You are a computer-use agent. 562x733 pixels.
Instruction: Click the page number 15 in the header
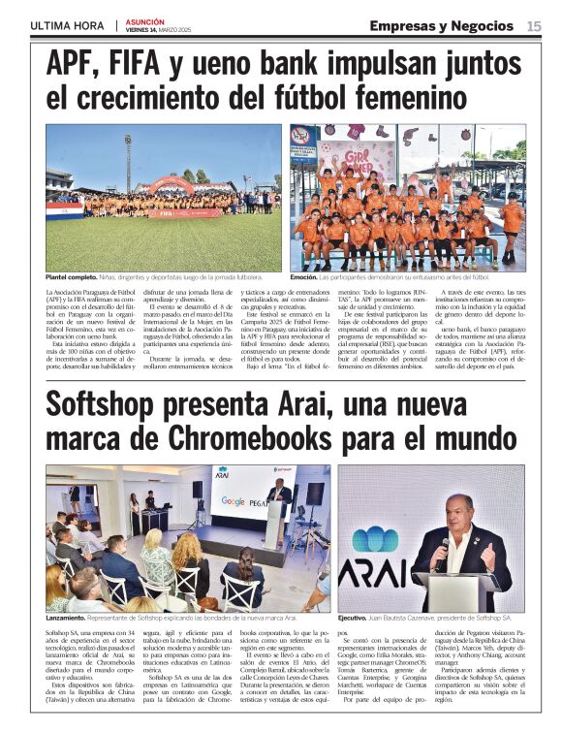point(534,25)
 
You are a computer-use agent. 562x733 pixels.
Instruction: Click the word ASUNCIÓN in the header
point(144,21)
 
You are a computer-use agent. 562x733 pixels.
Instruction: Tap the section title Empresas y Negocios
point(441,25)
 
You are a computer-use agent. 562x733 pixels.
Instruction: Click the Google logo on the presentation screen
point(233,501)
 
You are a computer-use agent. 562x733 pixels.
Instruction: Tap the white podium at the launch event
point(274,524)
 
